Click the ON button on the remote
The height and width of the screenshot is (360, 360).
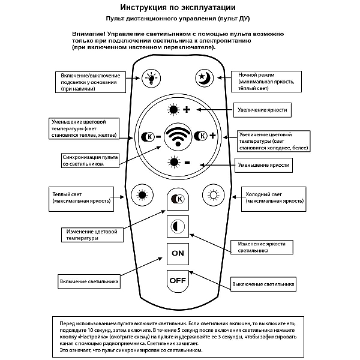[178, 254]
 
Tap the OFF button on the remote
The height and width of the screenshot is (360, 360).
[178, 281]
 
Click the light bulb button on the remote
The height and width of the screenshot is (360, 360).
[151, 78]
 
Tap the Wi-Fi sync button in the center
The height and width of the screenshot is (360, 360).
[178, 137]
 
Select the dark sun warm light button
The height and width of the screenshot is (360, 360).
[142, 195]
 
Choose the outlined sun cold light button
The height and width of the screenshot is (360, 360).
[213, 195]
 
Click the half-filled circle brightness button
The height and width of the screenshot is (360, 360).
[178, 226]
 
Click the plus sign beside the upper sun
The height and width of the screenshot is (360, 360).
[187, 110]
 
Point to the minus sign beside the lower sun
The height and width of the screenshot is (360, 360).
[187, 163]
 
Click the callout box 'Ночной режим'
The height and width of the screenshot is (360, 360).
[266, 82]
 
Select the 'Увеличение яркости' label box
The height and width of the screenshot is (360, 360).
[262, 110]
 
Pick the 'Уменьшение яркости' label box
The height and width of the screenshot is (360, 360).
[263, 165]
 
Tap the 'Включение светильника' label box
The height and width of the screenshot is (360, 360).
[89, 281]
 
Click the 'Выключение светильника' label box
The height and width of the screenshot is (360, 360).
[263, 284]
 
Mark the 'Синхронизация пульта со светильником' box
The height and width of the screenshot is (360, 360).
[90, 160]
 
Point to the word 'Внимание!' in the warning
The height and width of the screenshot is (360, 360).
[89, 34]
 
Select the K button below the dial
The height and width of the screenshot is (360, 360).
[178, 199]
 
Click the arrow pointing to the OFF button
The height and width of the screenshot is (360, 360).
[209, 280]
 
